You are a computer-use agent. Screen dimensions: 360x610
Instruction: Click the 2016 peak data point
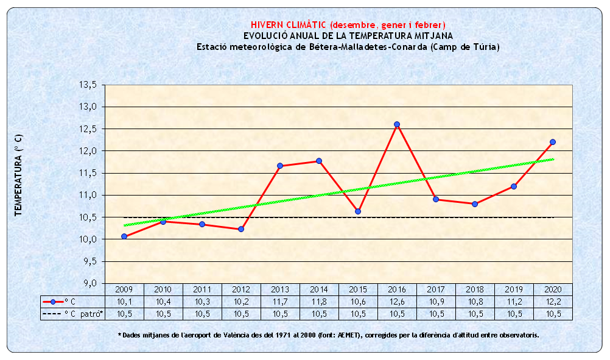coord(397,124)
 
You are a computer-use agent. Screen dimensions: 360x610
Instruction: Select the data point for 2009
coord(124,236)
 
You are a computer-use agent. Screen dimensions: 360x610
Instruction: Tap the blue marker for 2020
coord(553,142)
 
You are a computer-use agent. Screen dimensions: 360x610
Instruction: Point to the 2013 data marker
coord(280,166)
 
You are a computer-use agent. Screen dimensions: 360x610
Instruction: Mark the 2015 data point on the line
coord(358,211)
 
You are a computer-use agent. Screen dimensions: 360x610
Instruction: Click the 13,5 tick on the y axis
coord(88,85)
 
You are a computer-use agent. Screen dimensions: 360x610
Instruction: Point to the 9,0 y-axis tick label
coord(89,283)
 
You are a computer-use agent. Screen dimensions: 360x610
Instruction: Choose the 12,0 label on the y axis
coord(88,151)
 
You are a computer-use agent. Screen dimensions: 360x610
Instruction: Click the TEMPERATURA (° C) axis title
coord(19,176)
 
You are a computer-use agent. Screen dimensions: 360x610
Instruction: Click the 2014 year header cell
coord(319,289)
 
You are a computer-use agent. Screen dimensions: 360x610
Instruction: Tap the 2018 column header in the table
coord(475,289)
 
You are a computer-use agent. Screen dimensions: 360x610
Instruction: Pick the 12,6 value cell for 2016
coord(397,302)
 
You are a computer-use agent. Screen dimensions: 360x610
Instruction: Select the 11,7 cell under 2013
coord(280,302)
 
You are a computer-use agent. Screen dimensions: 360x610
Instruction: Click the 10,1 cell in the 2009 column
coord(124,302)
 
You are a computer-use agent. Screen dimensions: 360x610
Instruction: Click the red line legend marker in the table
coord(54,302)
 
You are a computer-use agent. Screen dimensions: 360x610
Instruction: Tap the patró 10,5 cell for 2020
coord(553,314)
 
